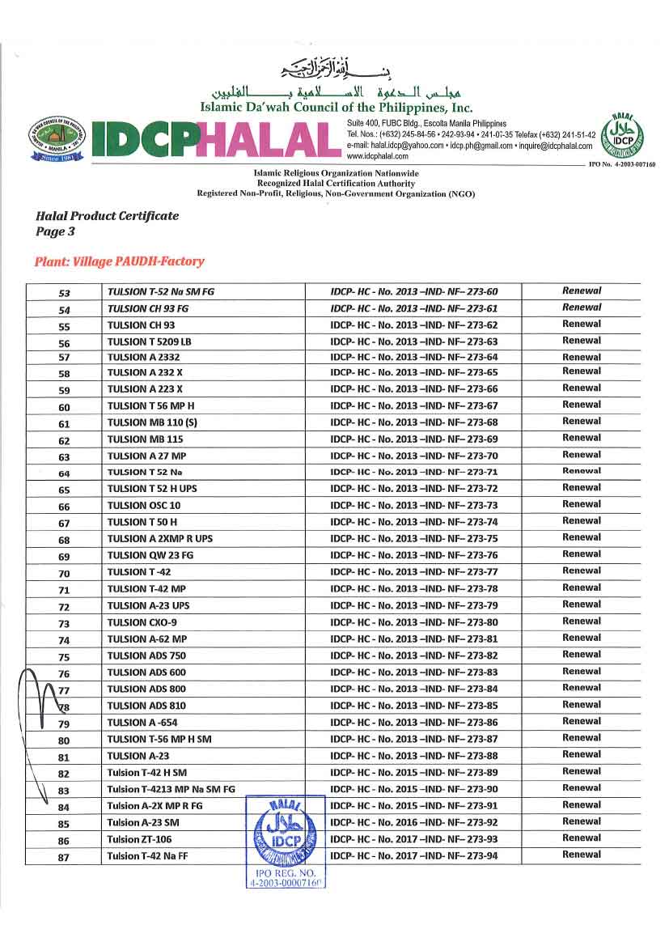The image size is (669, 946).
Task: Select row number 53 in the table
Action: [x=65, y=293]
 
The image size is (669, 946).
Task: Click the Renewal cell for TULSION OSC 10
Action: [x=582, y=504]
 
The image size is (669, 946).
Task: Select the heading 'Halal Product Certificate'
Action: [x=108, y=216]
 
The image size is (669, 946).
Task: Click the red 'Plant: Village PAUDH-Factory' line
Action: [x=120, y=261]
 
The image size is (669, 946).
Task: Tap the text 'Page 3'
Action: [x=56, y=231]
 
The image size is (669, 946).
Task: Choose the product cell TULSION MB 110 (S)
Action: [x=152, y=422]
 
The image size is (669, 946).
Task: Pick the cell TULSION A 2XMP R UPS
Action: [x=157, y=539]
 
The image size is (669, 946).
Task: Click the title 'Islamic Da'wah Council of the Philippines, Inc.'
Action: [x=336, y=107]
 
